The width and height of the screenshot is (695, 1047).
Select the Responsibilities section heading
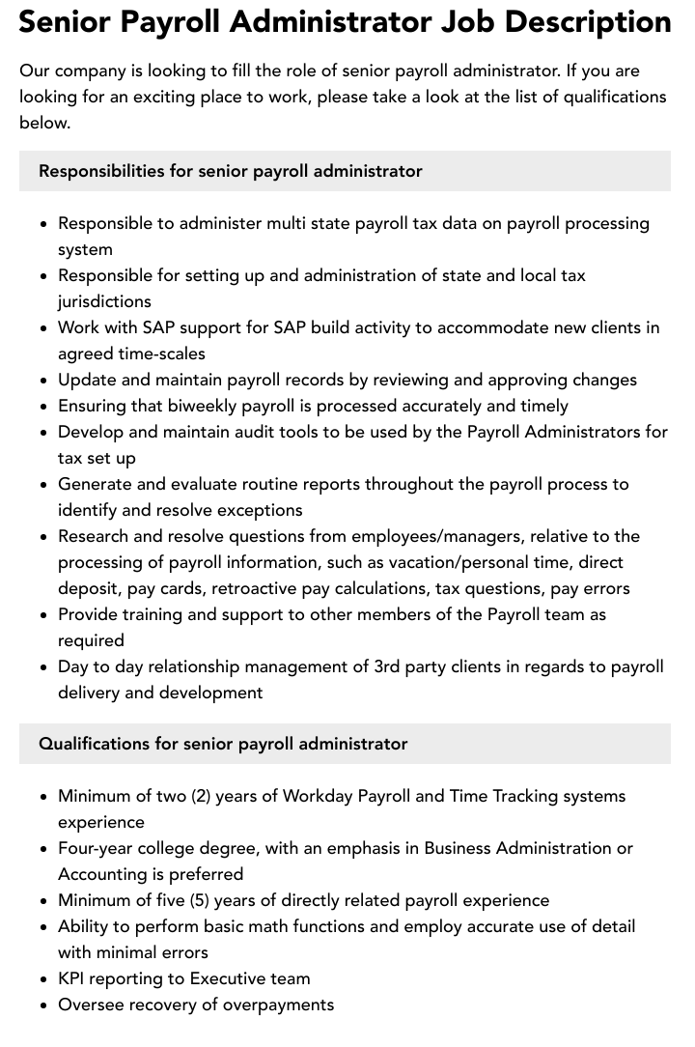(x=231, y=171)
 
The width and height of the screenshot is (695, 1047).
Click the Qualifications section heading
(x=223, y=744)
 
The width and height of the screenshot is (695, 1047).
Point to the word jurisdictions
(x=104, y=301)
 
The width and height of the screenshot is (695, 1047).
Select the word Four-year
(x=97, y=848)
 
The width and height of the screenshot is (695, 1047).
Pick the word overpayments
(x=279, y=1005)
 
